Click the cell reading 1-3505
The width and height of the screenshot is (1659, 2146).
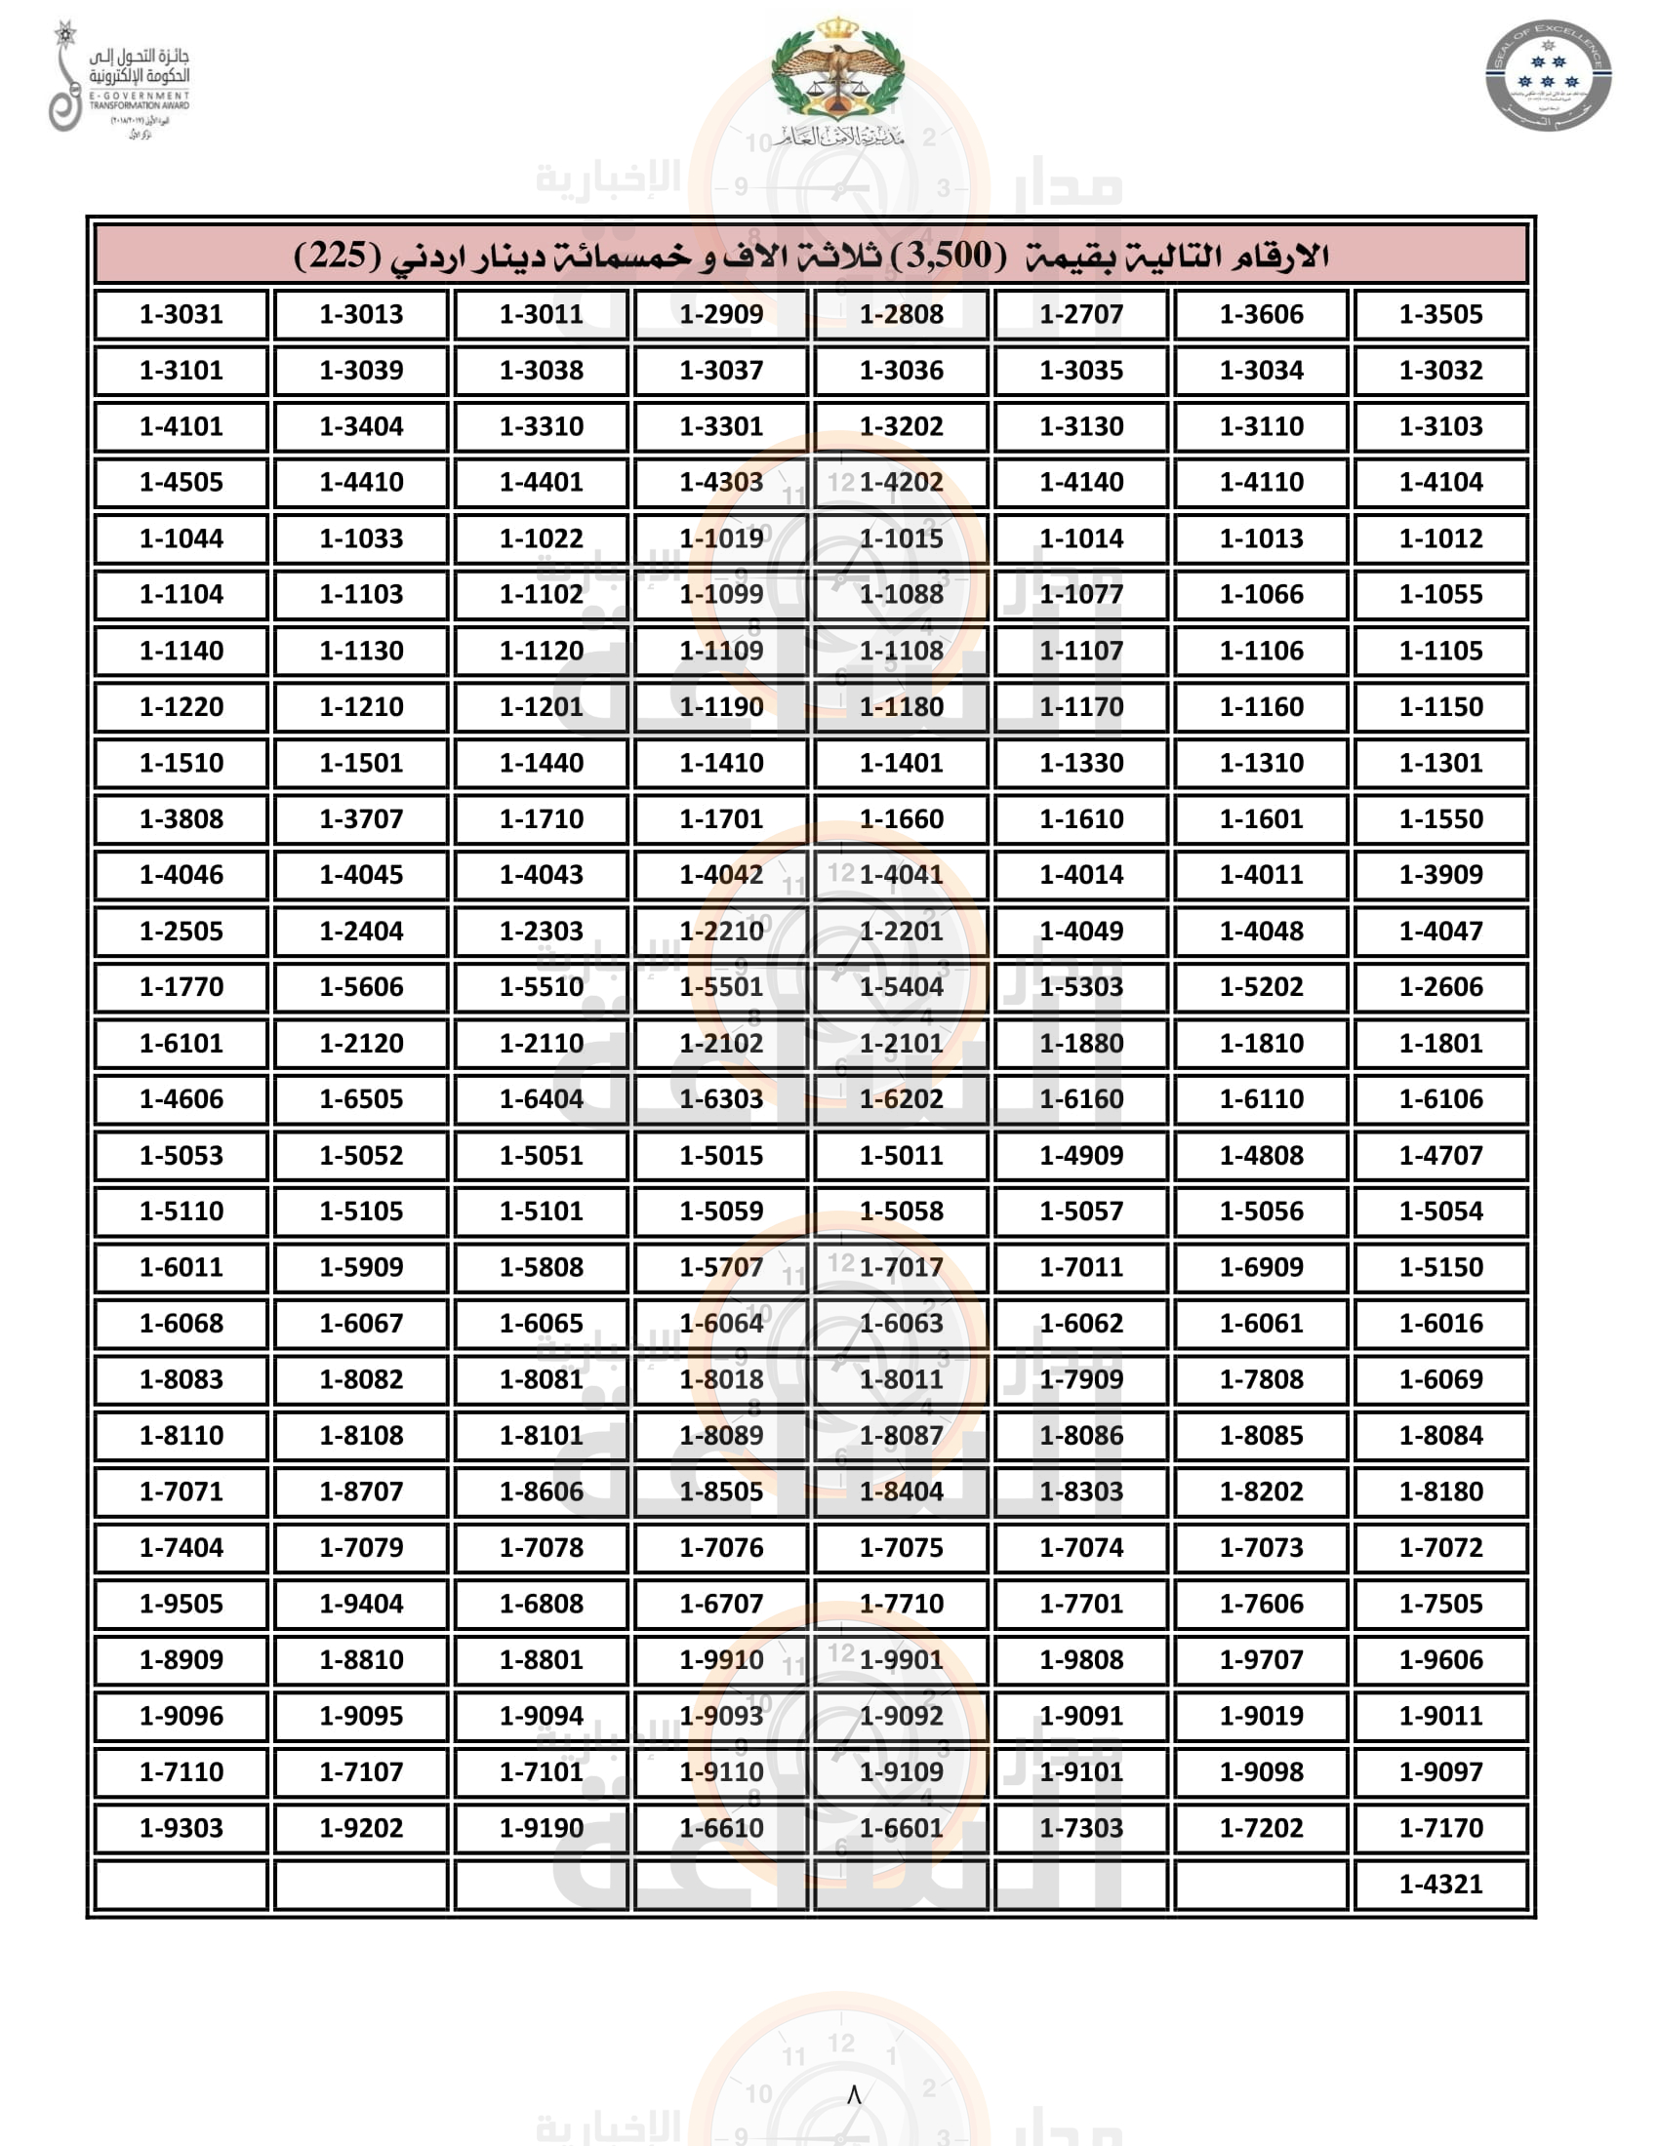pyautogui.click(x=1439, y=314)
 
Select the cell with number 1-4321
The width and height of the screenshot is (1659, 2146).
pyautogui.click(x=1439, y=1884)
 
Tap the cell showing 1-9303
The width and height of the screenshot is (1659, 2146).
pyautogui.click(x=181, y=1828)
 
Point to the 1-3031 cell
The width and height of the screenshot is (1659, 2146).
pyautogui.click(x=181, y=314)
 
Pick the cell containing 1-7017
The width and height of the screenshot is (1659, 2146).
pyautogui.click(x=901, y=1267)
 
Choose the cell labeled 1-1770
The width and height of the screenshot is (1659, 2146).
pyautogui.click(x=181, y=986)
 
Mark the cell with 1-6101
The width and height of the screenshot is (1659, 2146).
pyautogui.click(x=181, y=1043)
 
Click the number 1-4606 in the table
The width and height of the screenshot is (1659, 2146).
pyautogui.click(x=181, y=1098)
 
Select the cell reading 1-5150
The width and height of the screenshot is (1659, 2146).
pyautogui.click(x=1439, y=1267)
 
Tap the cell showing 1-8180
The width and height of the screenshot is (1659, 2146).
pyautogui.click(x=1439, y=1491)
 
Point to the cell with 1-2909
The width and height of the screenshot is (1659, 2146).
pyautogui.click(x=720, y=314)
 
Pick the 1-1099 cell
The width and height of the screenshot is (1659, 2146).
pyautogui.click(x=720, y=594)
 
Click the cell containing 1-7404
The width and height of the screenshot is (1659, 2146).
pyautogui.click(x=181, y=1548)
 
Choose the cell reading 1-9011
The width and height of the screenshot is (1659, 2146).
pyautogui.click(x=1439, y=1716)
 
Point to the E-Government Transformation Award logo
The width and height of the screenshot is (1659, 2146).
pyautogui.click(x=120, y=79)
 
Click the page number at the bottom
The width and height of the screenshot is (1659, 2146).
pyautogui.click(x=853, y=2095)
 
